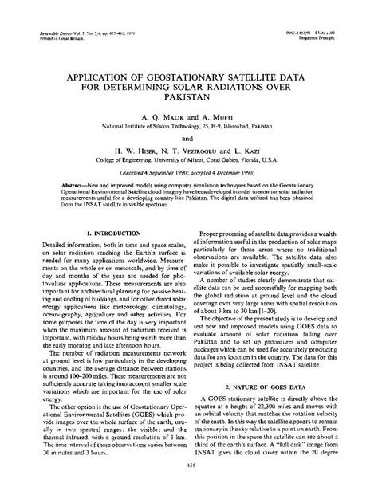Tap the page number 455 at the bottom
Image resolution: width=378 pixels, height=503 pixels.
(x=189, y=488)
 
